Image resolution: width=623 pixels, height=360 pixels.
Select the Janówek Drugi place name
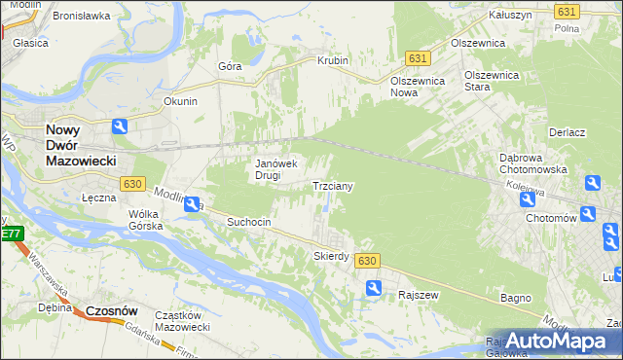click(275, 169)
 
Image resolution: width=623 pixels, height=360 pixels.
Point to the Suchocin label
click(248, 222)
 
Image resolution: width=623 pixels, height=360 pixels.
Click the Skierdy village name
click(331, 256)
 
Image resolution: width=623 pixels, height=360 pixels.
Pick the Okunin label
click(181, 101)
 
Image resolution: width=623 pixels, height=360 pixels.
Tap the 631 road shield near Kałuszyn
click(567, 11)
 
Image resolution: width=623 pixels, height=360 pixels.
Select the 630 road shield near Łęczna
click(133, 183)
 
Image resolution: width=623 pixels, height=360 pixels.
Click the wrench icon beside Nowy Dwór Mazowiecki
click(120, 126)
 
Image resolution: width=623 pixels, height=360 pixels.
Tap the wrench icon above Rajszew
click(374, 287)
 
